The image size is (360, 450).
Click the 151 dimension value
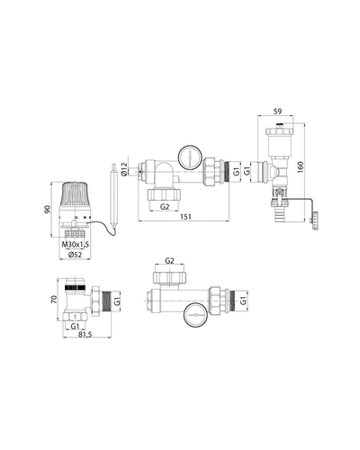click(x=185, y=217)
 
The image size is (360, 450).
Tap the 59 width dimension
click(x=278, y=112)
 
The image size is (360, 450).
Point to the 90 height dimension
click(x=47, y=210)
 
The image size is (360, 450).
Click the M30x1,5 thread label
click(x=76, y=245)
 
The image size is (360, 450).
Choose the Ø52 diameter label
click(x=75, y=255)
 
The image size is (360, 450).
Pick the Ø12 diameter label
click(x=124, y=169)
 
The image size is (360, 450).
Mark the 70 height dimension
click(x=54, y=299)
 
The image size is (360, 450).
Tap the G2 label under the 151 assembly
click(x=165, y=206)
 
